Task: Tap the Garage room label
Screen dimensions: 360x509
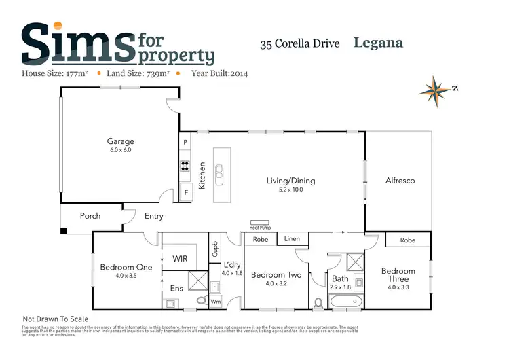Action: [120, 141]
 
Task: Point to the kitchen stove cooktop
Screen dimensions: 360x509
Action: [184, 166]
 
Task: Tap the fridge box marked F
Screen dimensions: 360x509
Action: [185, 192]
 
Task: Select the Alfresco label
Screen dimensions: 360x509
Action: [400, 181]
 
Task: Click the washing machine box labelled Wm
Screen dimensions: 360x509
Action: [216, 301]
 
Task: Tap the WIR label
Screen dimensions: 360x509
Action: [181, 258]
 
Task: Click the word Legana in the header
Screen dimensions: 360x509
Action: [378, 43]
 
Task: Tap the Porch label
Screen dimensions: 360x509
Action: [90, 216]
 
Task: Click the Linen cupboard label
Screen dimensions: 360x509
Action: [292, 239]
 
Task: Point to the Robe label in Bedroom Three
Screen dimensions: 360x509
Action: [408, 240]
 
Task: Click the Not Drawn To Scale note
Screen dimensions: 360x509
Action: [56, 319]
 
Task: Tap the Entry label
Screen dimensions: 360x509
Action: [154, 216]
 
